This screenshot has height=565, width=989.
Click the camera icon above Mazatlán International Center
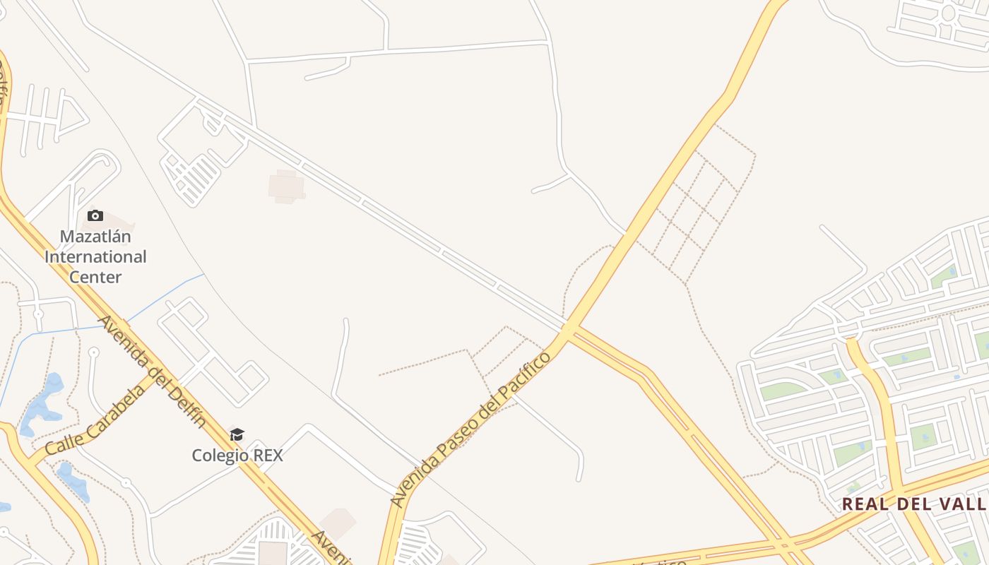[95, 215]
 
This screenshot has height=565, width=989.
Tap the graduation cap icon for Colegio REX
[237, 434]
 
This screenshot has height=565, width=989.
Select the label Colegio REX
[237, 456]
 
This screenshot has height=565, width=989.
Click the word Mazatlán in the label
[95, 236]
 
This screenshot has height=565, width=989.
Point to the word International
[95, 256]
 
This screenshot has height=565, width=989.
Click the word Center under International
[95, 277]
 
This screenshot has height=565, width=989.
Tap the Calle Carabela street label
[96, 420]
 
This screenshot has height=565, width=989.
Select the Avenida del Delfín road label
[152, 371]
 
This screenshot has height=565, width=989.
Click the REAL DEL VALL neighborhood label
[914, 504]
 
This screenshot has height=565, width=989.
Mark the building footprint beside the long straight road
[286, 186]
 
